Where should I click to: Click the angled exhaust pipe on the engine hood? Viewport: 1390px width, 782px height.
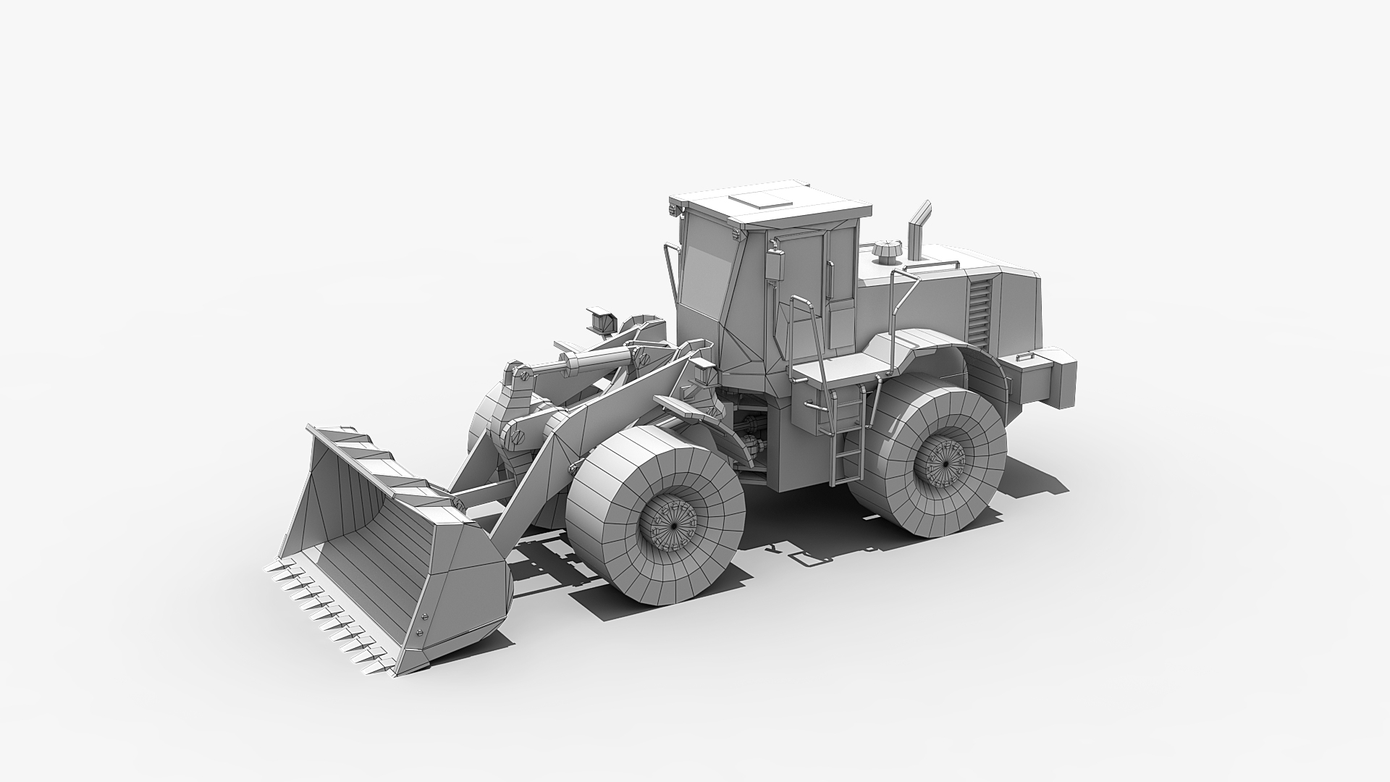click(x=917, y=229)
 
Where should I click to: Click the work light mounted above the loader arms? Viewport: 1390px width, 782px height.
click(x=600, y=319)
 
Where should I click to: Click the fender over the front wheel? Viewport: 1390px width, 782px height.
click(x=688, y=410)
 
